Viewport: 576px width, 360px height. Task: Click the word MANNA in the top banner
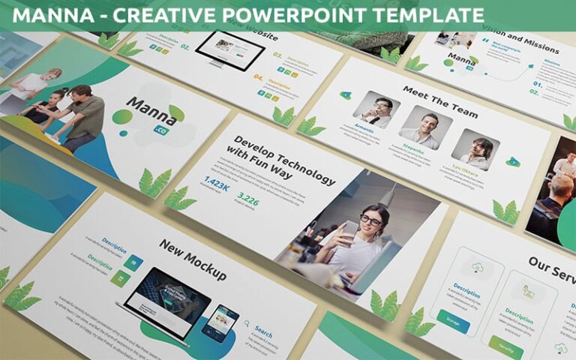coord(51,14)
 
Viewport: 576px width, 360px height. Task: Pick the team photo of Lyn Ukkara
coord(475,148)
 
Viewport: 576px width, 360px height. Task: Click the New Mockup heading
coord(192,259)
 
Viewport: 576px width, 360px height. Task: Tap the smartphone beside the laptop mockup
coord(222,323)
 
